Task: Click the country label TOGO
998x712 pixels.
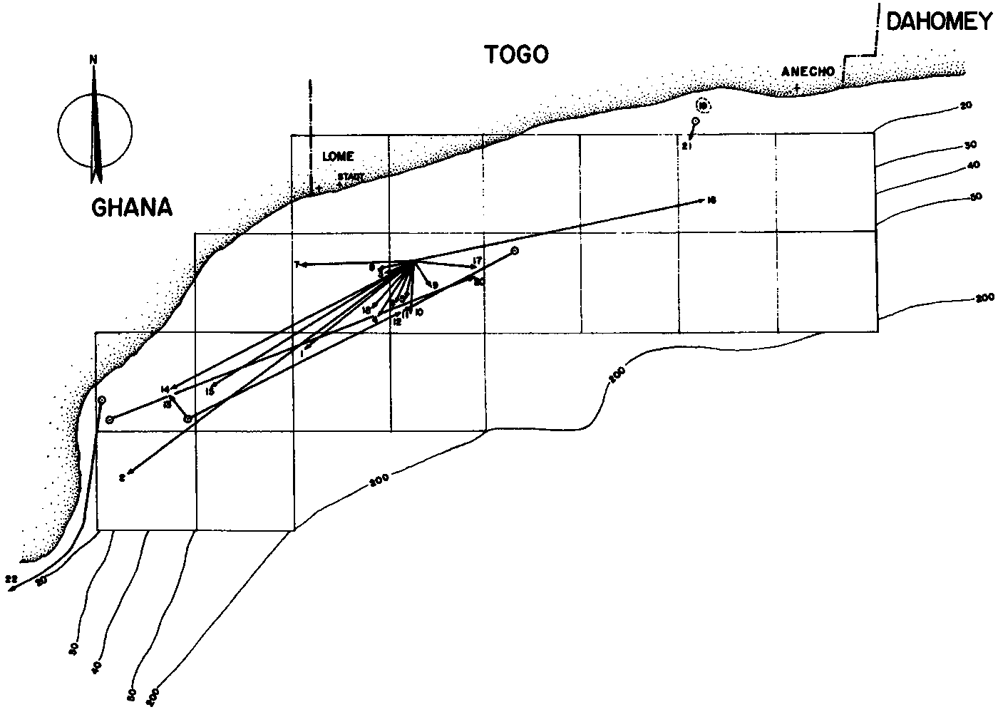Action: [x=517, y=54]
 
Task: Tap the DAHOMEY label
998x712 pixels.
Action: [x=938, y=22]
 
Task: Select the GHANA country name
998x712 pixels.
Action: [x=133, y=207]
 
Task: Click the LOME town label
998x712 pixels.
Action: [x=338, y=156]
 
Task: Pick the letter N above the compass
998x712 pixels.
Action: [x=93, y=60]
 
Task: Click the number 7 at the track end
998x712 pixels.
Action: [x=296, y=265]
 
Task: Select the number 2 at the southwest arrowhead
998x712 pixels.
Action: [x=122, y=478]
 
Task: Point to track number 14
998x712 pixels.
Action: [x=165, y=389]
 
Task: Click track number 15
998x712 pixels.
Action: [x=210, y=391]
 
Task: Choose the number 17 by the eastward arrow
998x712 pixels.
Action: [x=478, y=260]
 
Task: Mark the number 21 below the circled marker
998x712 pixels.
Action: [x=687, y=146]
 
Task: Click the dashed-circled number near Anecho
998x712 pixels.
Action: [x=704, y=107]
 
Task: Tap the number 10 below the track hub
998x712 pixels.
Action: [x=418, y=312]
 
